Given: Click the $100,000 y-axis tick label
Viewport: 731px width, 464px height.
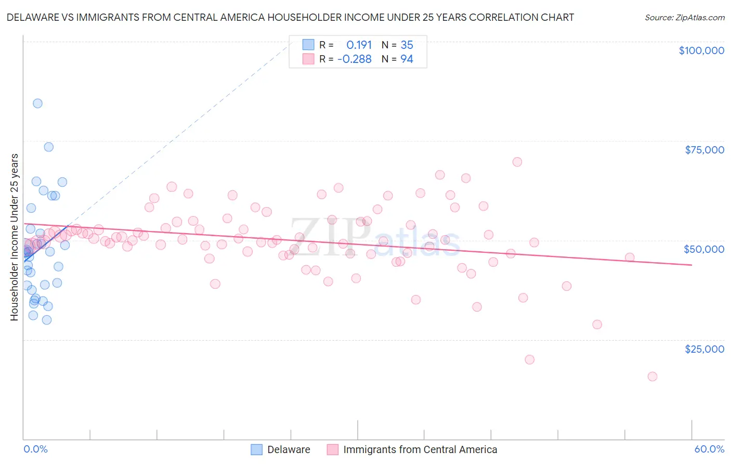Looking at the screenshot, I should (x=701, y=50).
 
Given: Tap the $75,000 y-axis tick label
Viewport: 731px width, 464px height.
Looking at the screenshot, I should (x=704, y=150).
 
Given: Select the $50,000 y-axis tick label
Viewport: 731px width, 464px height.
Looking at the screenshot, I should (x=703, y=249).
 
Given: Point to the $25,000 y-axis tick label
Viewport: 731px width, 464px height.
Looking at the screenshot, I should (x=704, y=349).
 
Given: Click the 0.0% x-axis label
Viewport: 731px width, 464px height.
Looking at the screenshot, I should (x=35, y=449).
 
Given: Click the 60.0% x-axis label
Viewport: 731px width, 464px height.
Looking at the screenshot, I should (x=709, y=449).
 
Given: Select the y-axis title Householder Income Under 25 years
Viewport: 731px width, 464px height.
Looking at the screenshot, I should (x=15, y=237).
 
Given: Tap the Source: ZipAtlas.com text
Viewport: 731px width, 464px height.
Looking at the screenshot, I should (x=684, y=17).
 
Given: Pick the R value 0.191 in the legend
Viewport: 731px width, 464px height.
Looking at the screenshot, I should (x=359, y=45).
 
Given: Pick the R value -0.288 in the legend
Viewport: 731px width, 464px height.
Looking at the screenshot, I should (x=354, y=59).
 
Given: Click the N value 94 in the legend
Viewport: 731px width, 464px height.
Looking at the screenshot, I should (x=407, y=59).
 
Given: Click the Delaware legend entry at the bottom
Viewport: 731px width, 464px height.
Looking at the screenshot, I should (x=288, y=449).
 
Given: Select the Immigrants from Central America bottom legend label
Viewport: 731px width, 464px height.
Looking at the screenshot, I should (x=420, y=449).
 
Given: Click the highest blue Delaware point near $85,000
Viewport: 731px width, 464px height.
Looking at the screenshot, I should (x=37, y=103).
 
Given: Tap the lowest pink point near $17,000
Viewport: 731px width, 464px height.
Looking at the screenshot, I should (x=652, y=377).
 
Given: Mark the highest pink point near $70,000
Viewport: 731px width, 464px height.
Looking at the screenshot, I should (x=517, y=162).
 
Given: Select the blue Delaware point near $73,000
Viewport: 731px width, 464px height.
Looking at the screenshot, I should (x=48, y=147).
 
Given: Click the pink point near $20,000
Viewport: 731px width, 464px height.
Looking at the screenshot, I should (x=529, y=359).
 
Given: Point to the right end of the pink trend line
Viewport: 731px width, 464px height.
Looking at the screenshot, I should (x=691, y=265).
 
